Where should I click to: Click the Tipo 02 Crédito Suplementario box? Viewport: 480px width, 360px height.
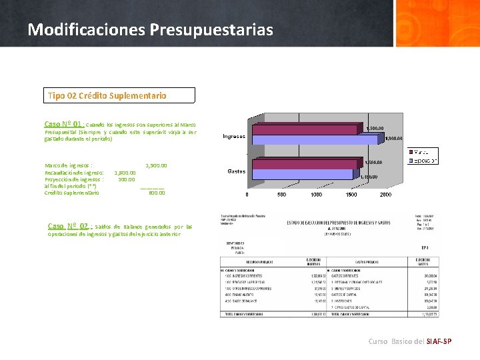(119, 95)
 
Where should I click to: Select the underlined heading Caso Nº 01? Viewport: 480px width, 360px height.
(64, 124)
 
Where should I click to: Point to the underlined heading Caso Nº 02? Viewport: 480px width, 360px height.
(68, 226)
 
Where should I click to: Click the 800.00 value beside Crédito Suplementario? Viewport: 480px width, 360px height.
(157, 193)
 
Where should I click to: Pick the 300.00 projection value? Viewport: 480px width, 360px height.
(127, 179)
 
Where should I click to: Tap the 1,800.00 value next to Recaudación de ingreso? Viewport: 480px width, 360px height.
(125, 173)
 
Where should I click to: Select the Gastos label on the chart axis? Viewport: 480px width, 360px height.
(237, 171)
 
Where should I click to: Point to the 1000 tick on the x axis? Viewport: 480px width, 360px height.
(316, 195)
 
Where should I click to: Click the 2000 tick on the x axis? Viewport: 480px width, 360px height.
(385, 195)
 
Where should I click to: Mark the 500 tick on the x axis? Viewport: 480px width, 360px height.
(282, 195)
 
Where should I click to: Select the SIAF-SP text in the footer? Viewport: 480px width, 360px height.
(439, 341)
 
